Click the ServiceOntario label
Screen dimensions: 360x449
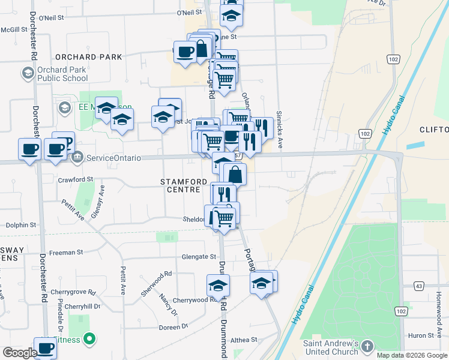[113, 158]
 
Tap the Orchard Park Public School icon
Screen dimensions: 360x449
[27, 74]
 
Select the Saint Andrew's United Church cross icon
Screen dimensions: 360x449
[367, 347]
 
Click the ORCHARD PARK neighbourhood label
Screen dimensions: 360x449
[88, 57]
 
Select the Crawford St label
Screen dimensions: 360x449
[76, 179]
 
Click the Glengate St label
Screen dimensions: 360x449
[199, 257]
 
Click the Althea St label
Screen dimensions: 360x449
[244, 339]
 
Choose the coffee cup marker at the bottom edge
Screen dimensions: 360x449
[46, 348]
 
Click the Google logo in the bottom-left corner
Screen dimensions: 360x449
[20, 353]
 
